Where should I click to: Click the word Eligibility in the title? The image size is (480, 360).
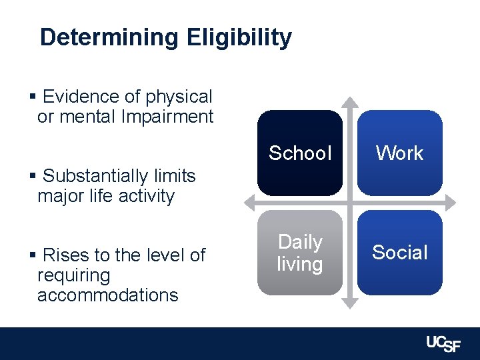[x=239, y=38]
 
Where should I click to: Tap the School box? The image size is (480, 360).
[x=299, y=153]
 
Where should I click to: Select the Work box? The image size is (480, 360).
[x=399, y=153]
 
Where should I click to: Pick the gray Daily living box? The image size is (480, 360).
[x=299, y=253]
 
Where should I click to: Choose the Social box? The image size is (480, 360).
[x=399, y=253]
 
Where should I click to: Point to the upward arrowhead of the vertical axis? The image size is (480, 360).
[x=349, y=102]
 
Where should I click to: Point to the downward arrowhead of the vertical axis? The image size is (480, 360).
[x=349, y=305]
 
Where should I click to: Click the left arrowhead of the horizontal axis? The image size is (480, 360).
[x=249, y=203]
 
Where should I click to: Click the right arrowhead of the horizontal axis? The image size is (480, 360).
[x=451, y=203]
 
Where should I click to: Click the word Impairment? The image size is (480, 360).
[x=167, y=117]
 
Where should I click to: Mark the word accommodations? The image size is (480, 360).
[x=107, y=295]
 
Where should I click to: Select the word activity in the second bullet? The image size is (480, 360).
[x=144, y=196]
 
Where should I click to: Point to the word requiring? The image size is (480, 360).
[x=73, y=275]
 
